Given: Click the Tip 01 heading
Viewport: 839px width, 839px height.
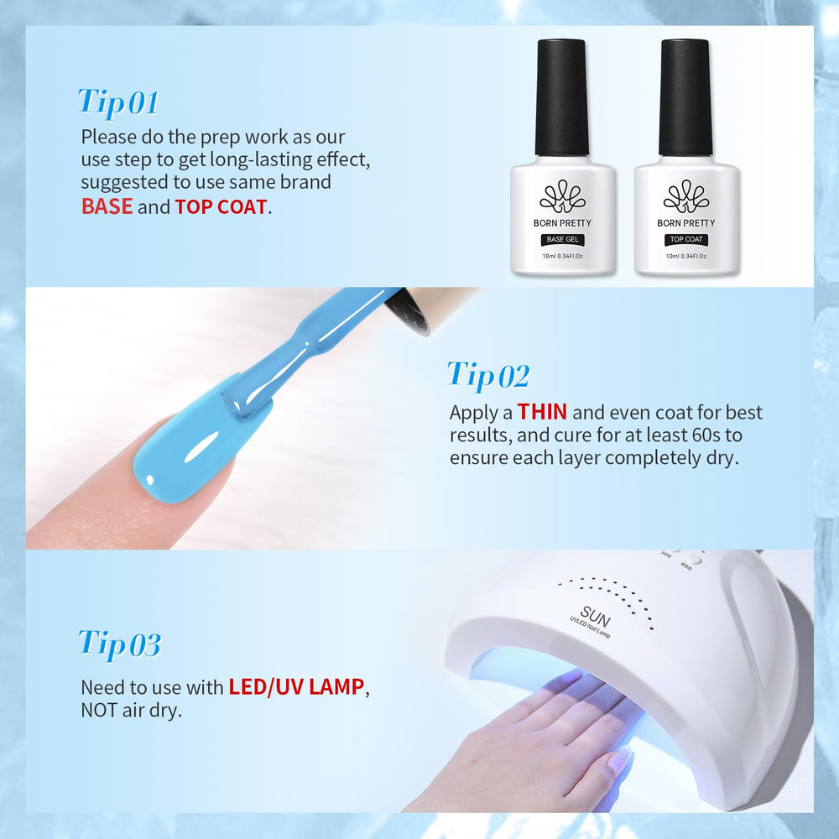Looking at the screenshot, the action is pyautogui.click(x=118, y=102).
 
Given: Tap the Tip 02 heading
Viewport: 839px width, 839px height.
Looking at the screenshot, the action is pyautogui.click(x=488, y=374).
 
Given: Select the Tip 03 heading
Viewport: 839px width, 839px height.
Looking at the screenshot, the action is pyautogui.click(x=120, y=644).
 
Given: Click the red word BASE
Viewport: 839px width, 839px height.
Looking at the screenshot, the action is pyautogui.click(x=107, y=206).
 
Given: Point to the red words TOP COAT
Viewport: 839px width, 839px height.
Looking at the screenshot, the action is pyautogui.click(x=221, y=206).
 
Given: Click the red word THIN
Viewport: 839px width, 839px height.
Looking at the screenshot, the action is pyautogui.click(x=542, y=412).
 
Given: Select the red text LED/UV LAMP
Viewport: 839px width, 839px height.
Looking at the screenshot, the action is pyautogui.click(x=296, y=687).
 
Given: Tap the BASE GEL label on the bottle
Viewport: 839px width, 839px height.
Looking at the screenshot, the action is pyautogui.click(x=562, y=239).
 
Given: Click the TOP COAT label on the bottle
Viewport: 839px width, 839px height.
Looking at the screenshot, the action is pyautogui.click(x=686, y=239).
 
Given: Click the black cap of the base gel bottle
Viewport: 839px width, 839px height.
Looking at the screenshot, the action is pyautogui.click(x=562, y=96).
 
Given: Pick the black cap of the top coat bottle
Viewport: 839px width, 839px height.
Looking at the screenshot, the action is pyautogui.click(x=685, y=96).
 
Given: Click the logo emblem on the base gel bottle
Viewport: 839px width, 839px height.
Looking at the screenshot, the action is pyautogui.click(x=562, y=195).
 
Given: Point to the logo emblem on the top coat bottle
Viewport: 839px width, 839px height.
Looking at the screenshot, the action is pyautogui.click(x=686, y=195).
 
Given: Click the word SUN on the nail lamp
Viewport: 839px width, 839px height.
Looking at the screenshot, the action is pyautogui.click(x=595, y=617).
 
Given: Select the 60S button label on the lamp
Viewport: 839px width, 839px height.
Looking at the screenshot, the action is pyautogui.click(x=686, y=565).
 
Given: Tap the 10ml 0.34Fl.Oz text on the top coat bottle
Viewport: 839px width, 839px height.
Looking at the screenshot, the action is pyautogui.click(x=686, y=256).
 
